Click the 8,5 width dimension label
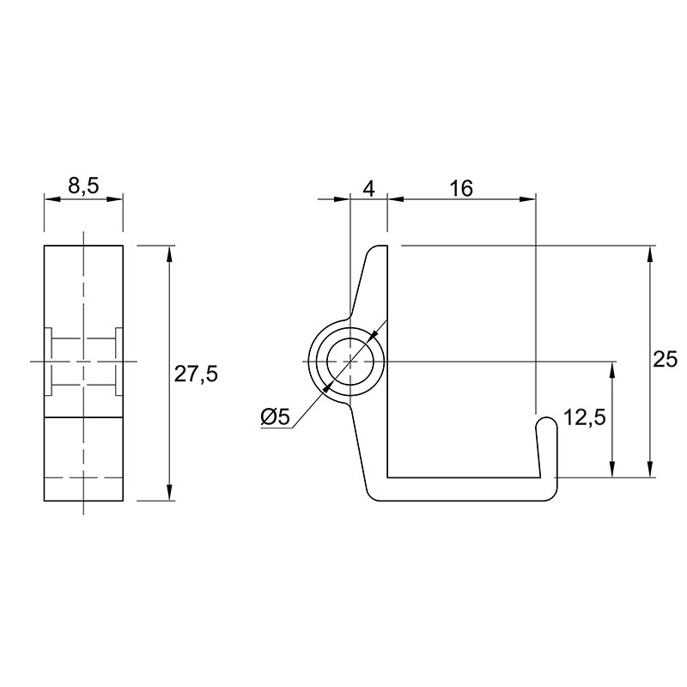(83, 186)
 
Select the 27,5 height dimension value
(196, 374)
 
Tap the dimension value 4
(369, 189)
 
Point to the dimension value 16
(461, 189)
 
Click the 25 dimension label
(665, 360)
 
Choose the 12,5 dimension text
(585, 417)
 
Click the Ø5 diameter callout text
(275, 416)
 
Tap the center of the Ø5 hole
(350, 362)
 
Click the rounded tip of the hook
(547, 420)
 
